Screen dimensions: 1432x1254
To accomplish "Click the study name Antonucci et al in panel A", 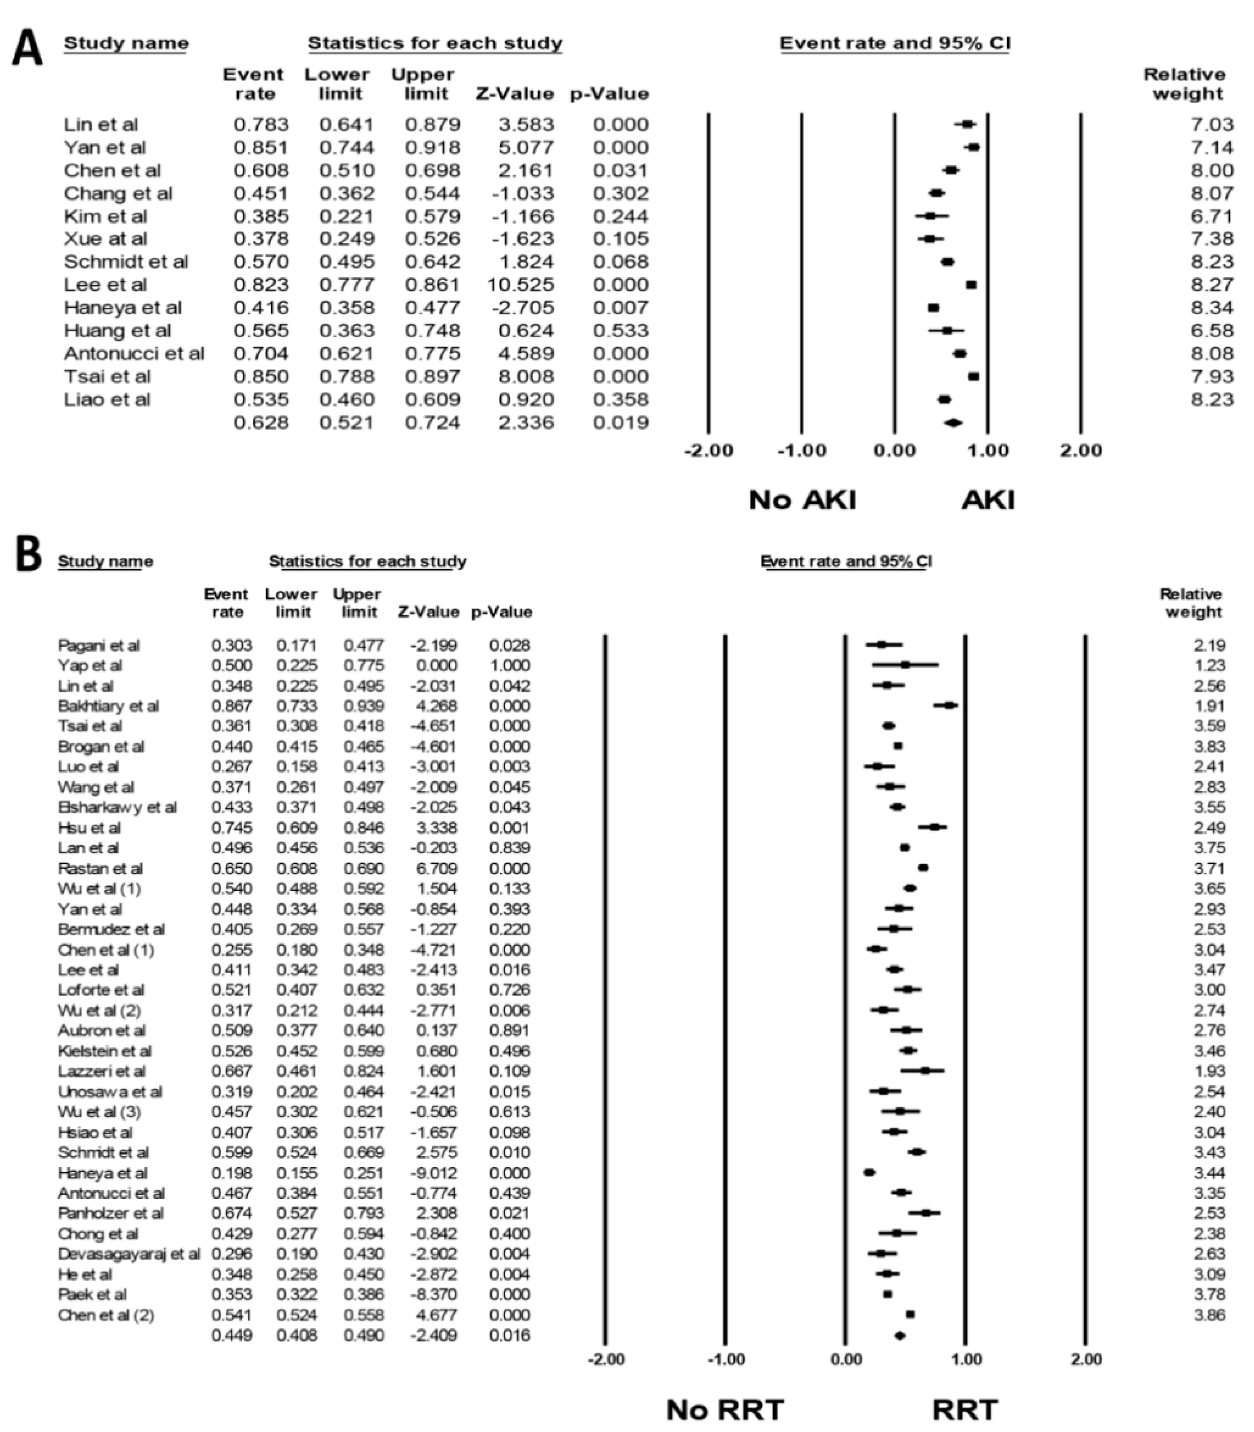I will coord(134,353).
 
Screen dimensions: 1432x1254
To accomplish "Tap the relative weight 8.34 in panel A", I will coord(1211,308).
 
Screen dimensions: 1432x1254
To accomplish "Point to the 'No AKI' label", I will coord(802,500).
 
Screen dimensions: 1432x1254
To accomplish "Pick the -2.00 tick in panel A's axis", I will coord(708,451).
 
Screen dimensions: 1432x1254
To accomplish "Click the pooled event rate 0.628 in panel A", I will coord(261,423).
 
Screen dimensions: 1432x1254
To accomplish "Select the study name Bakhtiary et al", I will coord(109,705).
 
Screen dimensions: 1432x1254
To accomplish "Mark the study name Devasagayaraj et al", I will coord(129,1253).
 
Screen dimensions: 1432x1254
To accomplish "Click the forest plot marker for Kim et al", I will coord(931,216).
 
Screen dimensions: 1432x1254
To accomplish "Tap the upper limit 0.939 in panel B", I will coord(363,705).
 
